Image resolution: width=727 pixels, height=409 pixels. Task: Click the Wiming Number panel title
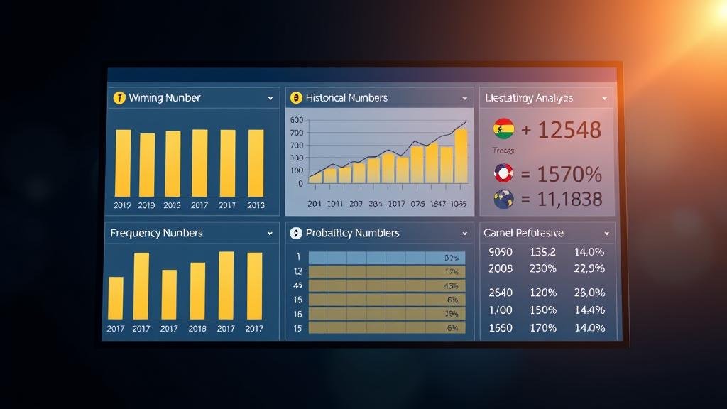pos(164,98)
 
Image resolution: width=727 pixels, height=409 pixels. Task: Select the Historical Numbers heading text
pos(346,98)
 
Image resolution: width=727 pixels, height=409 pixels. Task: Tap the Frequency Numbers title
pos(156,233)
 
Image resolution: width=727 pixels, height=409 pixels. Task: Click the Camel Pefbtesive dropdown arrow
pos(606,233)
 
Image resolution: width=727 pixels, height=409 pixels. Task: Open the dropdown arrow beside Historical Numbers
pos(465,98)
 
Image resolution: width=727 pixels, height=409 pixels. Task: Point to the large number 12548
pos(569,130)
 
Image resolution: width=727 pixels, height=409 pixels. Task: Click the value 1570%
pos(569,173)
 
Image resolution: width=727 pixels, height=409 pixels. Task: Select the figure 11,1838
pos(569,200)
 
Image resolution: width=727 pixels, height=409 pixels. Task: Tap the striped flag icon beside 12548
pos(503,129)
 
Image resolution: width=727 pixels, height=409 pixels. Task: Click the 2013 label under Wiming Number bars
pos(256,205)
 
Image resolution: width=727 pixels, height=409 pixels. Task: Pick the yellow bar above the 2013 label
pos(256,163)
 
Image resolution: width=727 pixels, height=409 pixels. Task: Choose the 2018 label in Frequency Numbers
pos(197,329)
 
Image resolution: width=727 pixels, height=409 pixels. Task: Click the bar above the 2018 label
pos(197,290)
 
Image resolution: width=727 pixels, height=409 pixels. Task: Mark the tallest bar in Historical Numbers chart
pos(461,155)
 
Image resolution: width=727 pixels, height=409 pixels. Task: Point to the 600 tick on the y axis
pos(297,120)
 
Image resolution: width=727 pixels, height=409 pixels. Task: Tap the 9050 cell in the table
pos(501,251)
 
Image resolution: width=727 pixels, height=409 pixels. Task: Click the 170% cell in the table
pos(542,328)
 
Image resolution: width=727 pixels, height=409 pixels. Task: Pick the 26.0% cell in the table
pos(589,293)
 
